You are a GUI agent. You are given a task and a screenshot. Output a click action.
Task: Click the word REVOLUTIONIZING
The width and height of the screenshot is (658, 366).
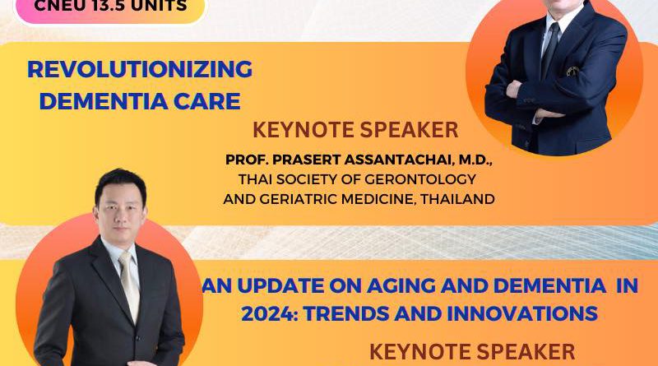(x=140, y=69)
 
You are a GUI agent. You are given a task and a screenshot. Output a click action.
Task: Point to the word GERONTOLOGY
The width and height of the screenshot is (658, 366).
(x=420, y=179)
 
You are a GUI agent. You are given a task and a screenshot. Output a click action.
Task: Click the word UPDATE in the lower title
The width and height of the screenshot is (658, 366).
(x=280, y=286)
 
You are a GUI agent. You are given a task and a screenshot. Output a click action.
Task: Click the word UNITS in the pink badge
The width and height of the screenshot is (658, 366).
(x=166, y=6)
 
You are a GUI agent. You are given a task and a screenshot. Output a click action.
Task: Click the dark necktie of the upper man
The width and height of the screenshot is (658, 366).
(x=550, y=49)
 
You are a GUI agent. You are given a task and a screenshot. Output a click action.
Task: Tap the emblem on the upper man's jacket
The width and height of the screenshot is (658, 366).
(x=572, y=72)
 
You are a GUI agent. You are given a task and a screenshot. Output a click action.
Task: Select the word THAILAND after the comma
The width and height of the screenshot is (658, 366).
(x=457, y=198)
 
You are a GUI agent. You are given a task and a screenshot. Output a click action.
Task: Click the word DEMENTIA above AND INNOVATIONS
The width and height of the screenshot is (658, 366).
(x=549, y=286)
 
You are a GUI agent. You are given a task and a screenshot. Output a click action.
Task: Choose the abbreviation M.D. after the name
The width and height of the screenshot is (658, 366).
(x=475, y=160)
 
